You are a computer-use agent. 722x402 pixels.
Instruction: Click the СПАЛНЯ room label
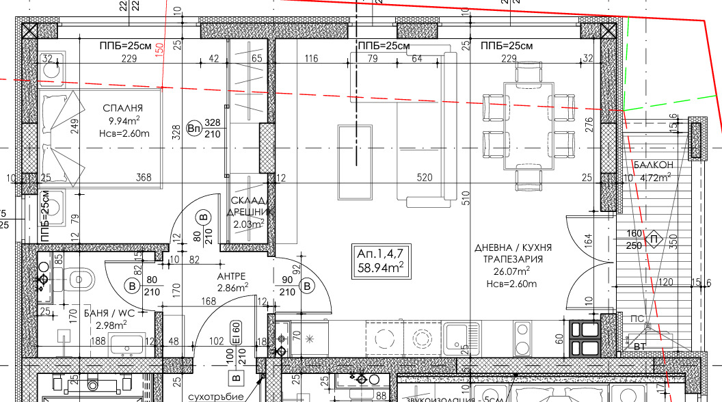coord(122,108)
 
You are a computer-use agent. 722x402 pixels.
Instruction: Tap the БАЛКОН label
coord(654,165)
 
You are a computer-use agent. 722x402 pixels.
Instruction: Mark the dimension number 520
coord(425,178)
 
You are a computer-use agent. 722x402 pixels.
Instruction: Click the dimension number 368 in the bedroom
coord(144,178)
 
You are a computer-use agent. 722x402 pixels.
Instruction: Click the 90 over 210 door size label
coord(286,286)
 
